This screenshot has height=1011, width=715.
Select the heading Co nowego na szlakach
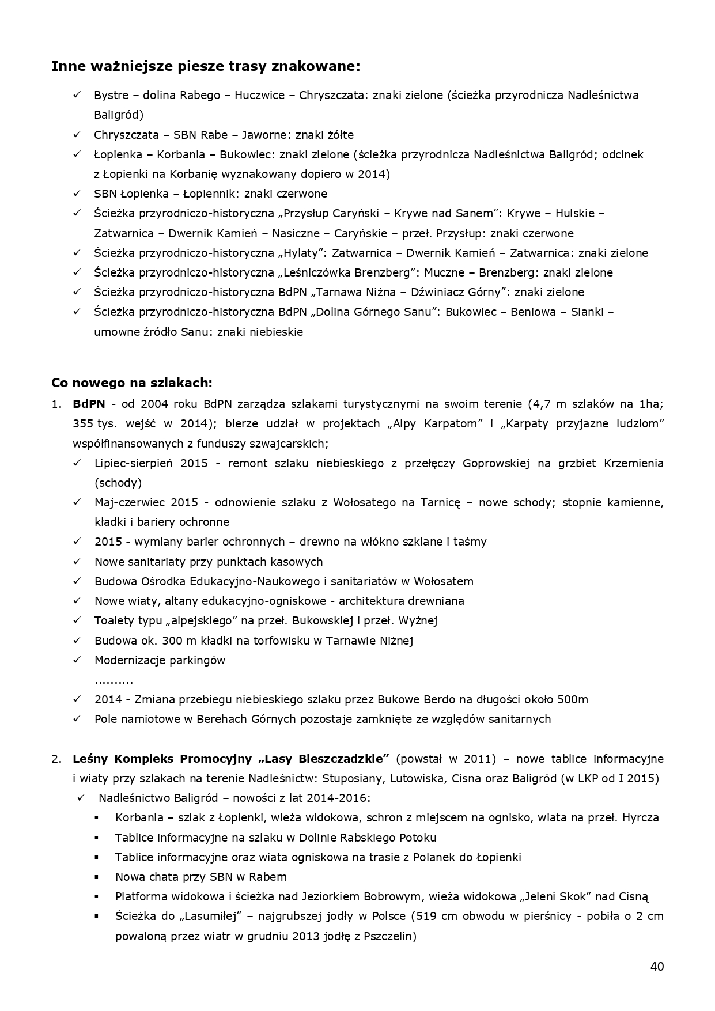tap(132, 383)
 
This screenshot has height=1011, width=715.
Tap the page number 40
tap(657, 966)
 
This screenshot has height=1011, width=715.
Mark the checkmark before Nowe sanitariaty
tap(77, 562)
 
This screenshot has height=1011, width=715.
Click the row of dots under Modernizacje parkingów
tap(114, 680)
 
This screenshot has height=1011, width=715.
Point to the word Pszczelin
tap(387, 936)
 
